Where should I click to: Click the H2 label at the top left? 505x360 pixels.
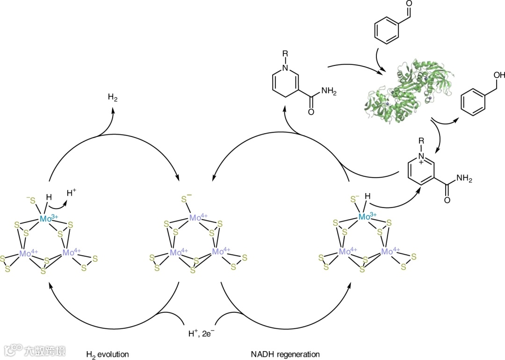click(x=113, y=98)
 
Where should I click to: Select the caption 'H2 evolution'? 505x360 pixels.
click(x=107, y=354)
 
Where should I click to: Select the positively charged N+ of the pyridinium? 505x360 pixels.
click(x=421, y=157)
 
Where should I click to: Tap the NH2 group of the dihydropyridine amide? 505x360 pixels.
click(x=328, y=92)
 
